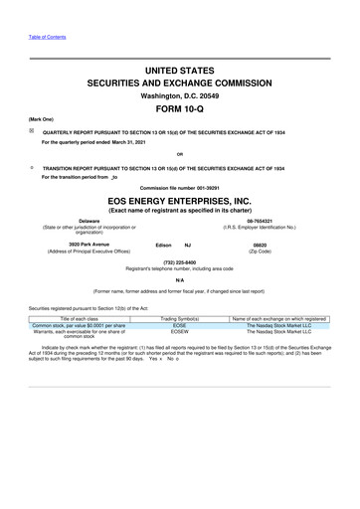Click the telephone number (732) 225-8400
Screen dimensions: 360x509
pyautogui.click(x=180, y=262)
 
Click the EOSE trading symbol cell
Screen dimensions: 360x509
pyautogui.click(x=180, y=324)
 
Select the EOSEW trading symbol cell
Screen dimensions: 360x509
pyautogui.click(x=180, y=331)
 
